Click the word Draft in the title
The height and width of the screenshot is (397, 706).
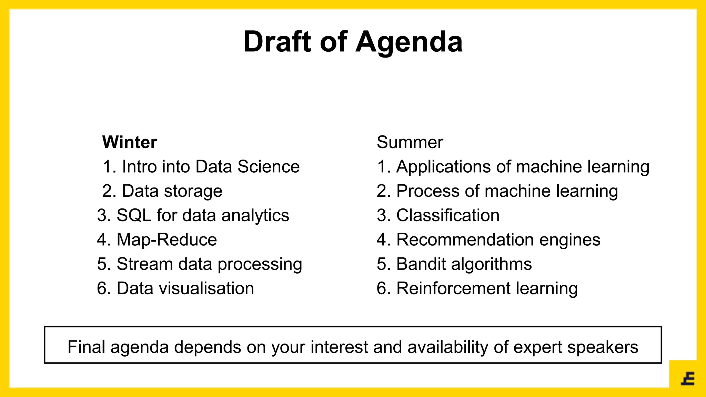(278, 42)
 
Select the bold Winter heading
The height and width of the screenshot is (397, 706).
(130, 142)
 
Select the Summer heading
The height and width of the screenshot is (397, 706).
(410, 142)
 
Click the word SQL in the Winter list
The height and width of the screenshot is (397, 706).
(134, 215)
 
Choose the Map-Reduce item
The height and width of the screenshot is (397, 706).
(167, 240)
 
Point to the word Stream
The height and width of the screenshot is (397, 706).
(144, 264)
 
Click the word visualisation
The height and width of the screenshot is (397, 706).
(206, 288)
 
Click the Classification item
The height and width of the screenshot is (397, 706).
(447, 215)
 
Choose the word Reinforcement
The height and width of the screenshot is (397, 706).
(453, 288)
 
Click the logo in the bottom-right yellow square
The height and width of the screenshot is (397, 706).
(688, 379)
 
